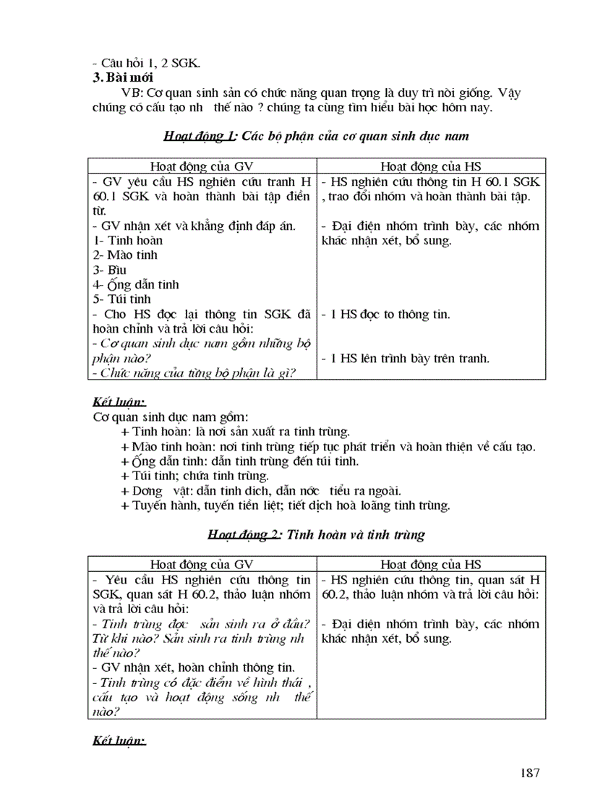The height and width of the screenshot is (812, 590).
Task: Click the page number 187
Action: coord(529,773)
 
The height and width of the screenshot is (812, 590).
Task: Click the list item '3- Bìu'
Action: coord(110,270)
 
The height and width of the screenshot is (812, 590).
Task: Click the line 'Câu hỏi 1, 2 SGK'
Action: coord(147,62)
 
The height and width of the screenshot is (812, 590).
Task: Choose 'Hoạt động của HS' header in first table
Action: coord(432,166)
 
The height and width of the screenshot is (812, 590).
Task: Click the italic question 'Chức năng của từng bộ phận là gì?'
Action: coord(195,372)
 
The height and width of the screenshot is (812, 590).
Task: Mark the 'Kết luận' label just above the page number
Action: coord(119,741)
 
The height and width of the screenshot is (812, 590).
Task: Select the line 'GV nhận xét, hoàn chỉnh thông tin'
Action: coord(195,667)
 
